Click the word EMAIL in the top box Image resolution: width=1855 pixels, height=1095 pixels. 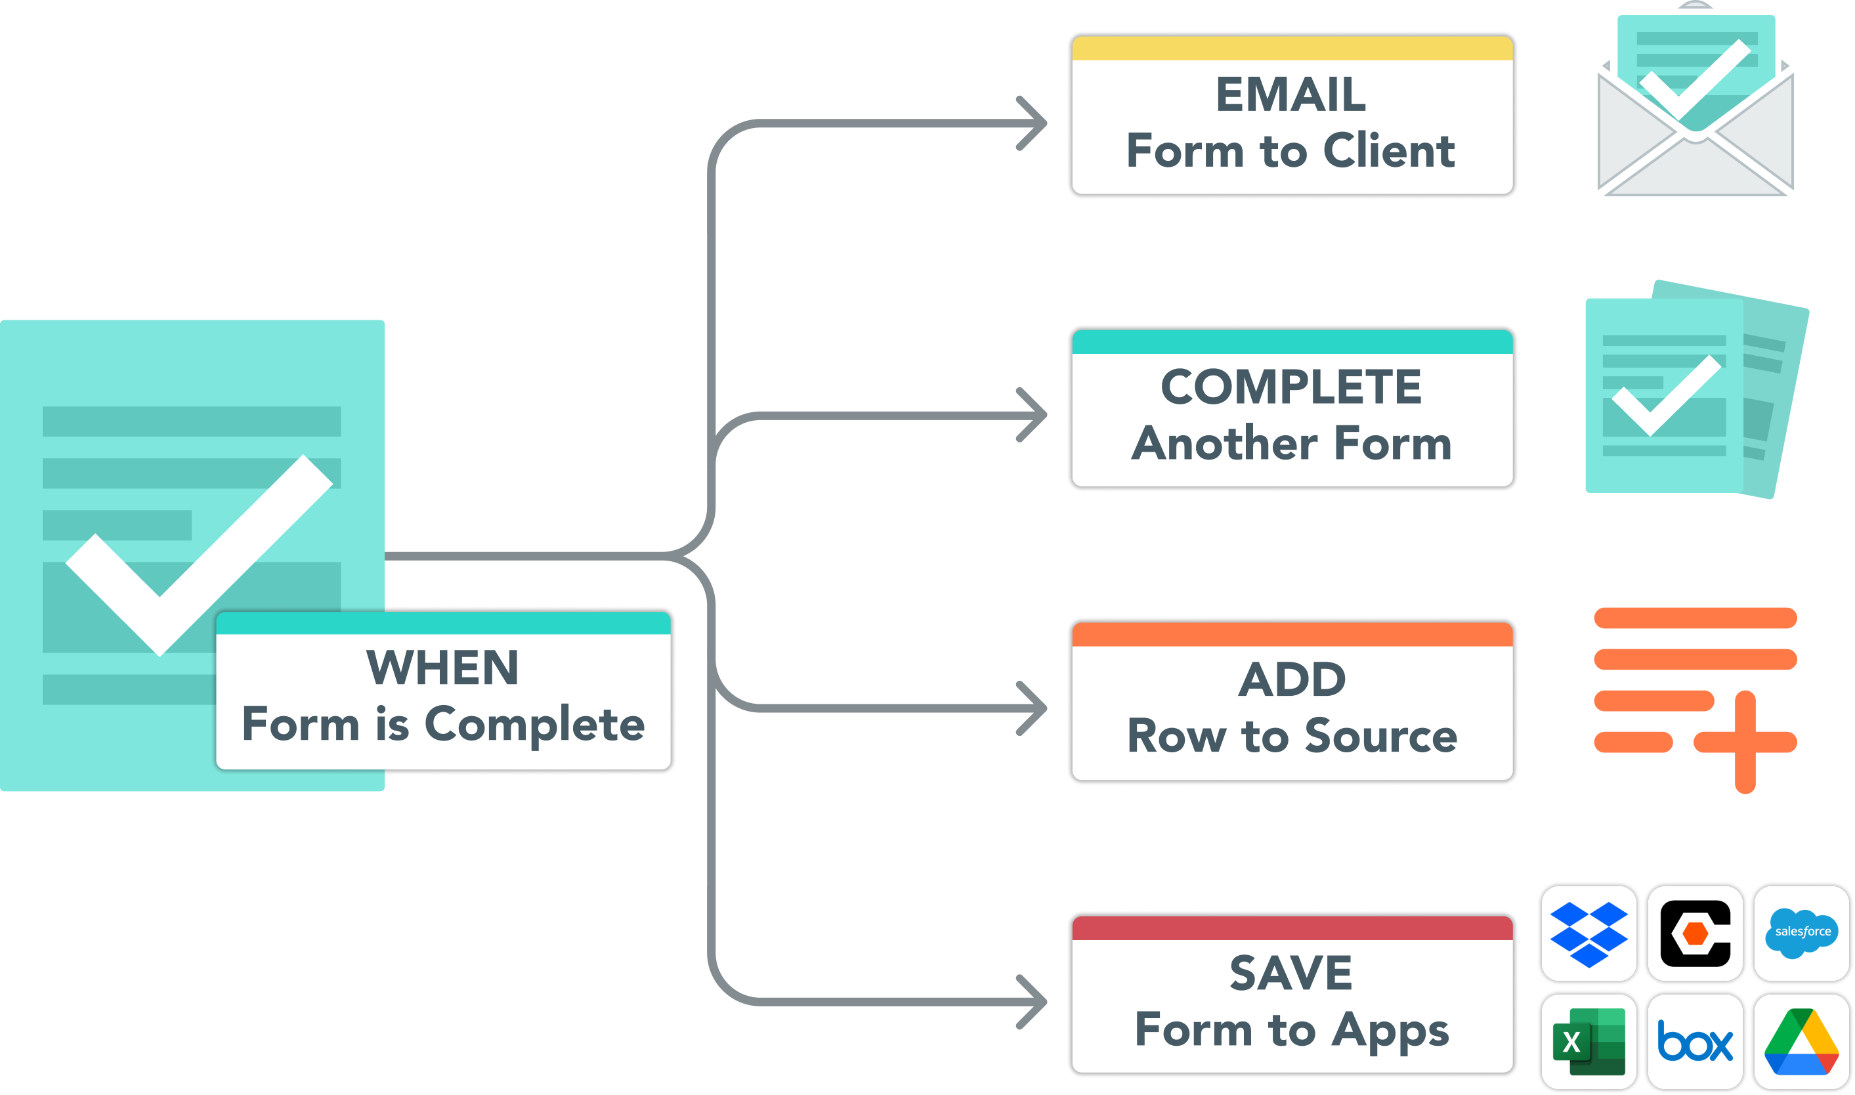pyautogui.click(x=1290, y=95)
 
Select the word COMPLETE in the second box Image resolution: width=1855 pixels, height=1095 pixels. pyautogui.click(x=1290, y=387)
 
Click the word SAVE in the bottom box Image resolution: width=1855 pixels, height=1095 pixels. pyautogui.click(x=1290, y=972)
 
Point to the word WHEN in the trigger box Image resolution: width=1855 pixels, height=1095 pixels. pyautogui.click(x=442, y=668)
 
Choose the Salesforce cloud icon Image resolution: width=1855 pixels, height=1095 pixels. pyautogui.click(x=1802, y=933)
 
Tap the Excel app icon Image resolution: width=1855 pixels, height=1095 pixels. pyautogui.click(x=1588, y=1042)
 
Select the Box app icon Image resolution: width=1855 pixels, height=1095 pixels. pyautogui.click(x=1695, y=1042)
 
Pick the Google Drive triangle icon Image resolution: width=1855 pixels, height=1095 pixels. pyautogui.click(x=1801, y=1042)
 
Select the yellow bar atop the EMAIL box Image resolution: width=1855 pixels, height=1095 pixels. pyautogui.click(x=1292, y=48)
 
